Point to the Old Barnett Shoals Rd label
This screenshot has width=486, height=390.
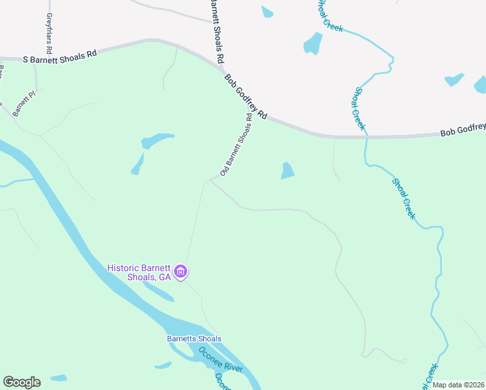click(235, 144)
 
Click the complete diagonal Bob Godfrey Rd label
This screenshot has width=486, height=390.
click(246, 96)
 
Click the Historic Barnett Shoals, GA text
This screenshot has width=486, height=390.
click(138, 272)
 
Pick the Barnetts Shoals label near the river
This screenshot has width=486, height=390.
click(194, 339)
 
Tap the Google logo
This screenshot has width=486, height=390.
click(21, 382)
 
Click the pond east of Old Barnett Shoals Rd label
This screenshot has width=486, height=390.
click(287, 170)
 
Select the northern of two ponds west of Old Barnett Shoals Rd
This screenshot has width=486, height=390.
click(158, 140)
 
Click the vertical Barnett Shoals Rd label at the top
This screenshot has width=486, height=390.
click(217, 31)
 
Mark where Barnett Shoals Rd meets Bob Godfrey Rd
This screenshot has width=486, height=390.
click(220, 66)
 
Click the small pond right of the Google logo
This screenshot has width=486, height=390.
click(58, 378)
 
